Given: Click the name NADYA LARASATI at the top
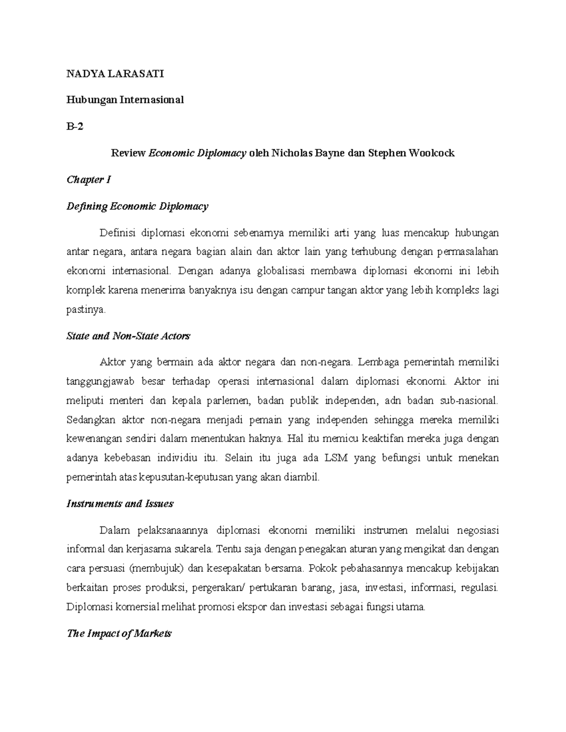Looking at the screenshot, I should [115, 74].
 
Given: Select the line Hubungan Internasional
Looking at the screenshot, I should [125, 100].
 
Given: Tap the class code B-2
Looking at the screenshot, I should [75, 126].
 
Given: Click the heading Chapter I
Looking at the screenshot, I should [89, 180].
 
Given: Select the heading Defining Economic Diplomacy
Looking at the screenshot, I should [137, 206].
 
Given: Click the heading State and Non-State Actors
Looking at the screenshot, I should [128, 336].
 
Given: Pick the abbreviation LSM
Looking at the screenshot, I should [336, 458].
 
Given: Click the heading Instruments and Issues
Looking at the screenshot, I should [120, 504].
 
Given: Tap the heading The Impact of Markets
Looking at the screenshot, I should [119, 633].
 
